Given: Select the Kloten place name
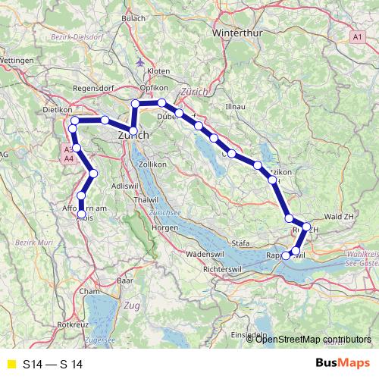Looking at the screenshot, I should coord(158,70).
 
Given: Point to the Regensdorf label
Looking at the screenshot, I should coord(92,88).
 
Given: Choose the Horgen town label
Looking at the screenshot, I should coord(164,227).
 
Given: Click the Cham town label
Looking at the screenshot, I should coord(89,291).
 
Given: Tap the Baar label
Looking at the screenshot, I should coord(125,281).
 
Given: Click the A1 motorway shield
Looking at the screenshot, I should coord(358,36).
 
